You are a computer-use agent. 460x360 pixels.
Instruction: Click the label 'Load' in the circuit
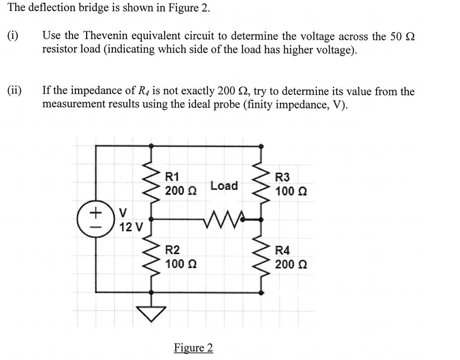coord(224,185)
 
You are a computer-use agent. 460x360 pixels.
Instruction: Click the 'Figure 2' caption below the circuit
coord(193,348)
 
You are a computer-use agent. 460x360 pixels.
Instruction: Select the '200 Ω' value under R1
coord(180,191)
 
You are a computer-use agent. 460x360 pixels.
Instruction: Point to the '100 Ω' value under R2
coord(180,263)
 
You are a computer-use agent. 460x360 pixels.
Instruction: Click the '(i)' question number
coord(13,36)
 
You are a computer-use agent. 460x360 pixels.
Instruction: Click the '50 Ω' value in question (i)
coord(402,36)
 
